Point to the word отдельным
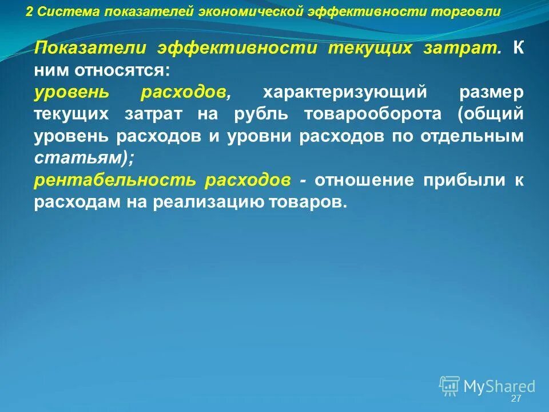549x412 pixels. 472,136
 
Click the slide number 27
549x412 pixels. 516,399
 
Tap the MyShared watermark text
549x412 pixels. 499,387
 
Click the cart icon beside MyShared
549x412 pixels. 449,385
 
